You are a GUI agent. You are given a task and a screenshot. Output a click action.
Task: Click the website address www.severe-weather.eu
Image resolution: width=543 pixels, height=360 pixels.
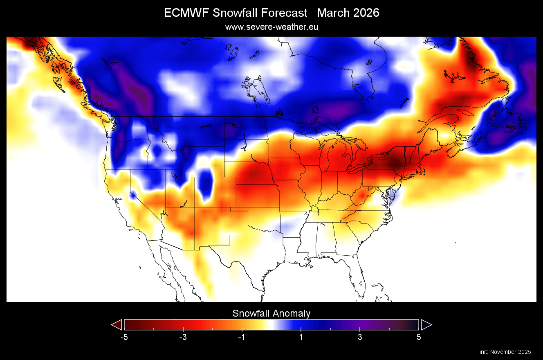pos(271,27)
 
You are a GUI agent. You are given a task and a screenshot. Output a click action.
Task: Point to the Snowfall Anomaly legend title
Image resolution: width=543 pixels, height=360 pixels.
pos(271,313)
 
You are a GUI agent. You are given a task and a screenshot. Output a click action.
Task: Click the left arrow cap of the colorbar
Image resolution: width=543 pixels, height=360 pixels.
pos(117,324)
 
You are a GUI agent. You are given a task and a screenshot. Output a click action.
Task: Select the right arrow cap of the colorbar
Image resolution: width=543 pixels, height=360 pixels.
pos(426,324)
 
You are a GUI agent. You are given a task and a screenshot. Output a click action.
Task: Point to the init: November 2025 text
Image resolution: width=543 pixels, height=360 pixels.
pos(505,352)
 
